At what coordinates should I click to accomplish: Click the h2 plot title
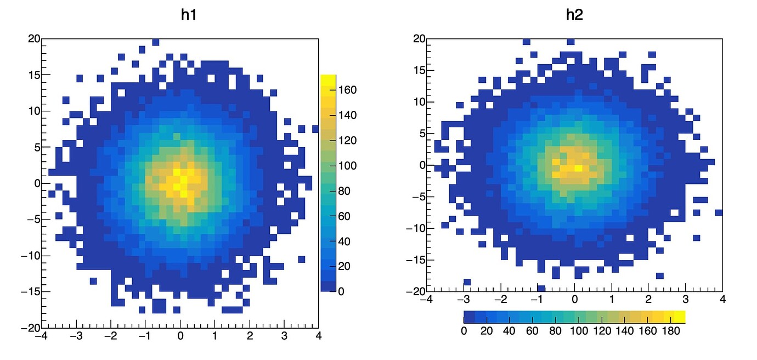(574, 15)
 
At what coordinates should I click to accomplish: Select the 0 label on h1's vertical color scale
(341, 291)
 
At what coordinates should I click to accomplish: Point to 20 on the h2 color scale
(487, 331)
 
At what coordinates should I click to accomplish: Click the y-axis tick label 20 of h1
(33, 38)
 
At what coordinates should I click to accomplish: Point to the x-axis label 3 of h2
(685, 300)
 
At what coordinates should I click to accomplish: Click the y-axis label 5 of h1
(36, 147)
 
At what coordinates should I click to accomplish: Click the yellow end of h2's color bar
(680, 317)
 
